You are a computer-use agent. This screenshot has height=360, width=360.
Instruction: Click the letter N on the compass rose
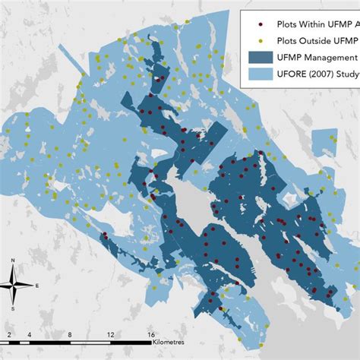13,261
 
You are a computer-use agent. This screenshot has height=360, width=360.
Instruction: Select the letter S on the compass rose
13,310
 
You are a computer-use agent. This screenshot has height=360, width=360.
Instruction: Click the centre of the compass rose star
13,286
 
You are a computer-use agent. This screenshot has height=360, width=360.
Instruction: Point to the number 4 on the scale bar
29,335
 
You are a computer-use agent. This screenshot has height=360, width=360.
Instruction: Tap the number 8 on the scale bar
69,335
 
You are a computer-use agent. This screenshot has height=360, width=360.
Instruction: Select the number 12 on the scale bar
110,335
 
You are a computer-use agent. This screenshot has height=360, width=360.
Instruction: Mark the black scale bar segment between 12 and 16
131,343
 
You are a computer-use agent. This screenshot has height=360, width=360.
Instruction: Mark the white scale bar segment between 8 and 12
90,343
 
